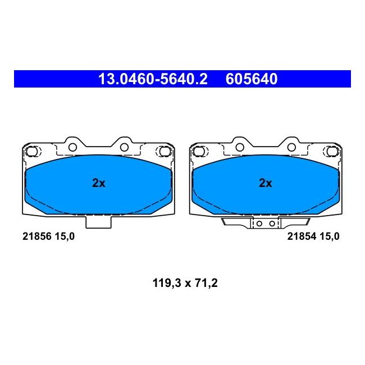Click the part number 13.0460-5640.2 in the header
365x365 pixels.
(x=153, y=79)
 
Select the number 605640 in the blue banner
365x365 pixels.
(x=252, y=79)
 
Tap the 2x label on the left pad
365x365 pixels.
(x=98, y=183)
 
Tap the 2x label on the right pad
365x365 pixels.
(x=265, y=183)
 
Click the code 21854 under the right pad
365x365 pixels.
(x=300, y=236)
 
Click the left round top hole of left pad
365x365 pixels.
(x=72, y=147)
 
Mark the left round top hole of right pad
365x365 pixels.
(x=239, y=147)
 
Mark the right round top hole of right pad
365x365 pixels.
(x=293, y=147)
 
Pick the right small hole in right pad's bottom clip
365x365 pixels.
(x=272, y=223)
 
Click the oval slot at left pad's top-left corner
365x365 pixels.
(x=33, y=151)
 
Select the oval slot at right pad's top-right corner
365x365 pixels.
(x=331, y=151)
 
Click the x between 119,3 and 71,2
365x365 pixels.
(x=185, y=284)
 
